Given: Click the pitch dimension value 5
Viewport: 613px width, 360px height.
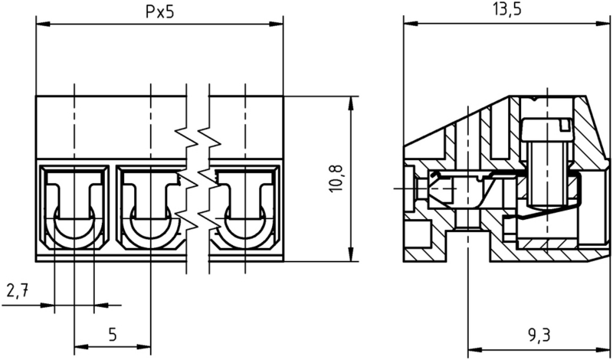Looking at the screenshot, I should (x=112, y=335).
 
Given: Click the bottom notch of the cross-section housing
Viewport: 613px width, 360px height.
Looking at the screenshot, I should (x=468, y=245).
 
